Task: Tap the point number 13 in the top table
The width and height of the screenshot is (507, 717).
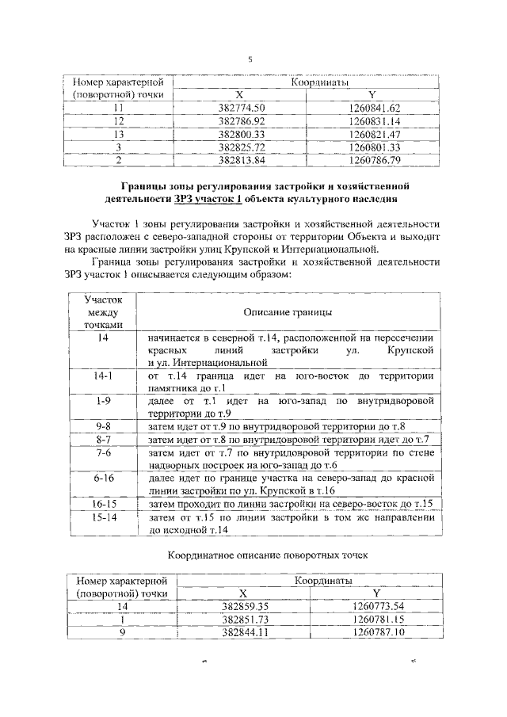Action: tap(118, 134)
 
